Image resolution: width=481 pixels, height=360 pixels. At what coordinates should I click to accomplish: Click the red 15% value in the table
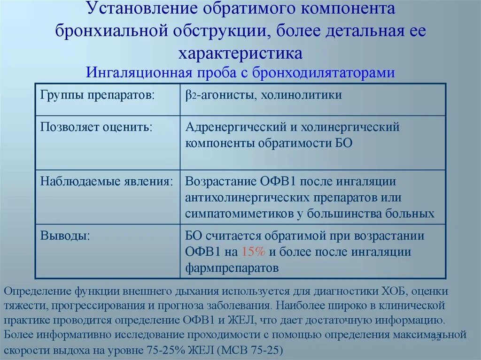(x=254, y=252)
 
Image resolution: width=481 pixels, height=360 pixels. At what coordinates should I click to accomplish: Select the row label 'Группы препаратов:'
(x=98, y=95)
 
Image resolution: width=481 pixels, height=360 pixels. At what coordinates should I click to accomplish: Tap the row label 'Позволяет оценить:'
(x=96, y=127)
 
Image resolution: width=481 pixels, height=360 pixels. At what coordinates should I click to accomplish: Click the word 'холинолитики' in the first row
(x=302, y=95)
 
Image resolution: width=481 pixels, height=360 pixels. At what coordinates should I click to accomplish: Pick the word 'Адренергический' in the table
(x=236, y=127)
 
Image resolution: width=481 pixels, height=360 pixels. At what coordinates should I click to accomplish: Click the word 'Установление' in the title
(x=139, y=9)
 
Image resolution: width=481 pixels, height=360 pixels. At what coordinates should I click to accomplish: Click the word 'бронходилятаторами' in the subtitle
(x=324, y=73)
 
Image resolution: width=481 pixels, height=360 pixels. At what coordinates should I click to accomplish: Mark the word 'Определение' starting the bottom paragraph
(x=38, y=291)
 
